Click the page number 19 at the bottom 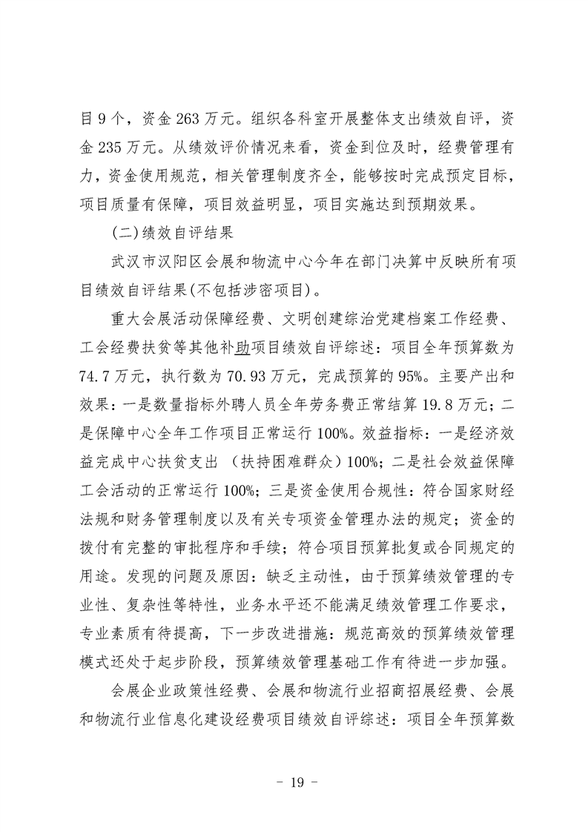coord(294,780)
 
